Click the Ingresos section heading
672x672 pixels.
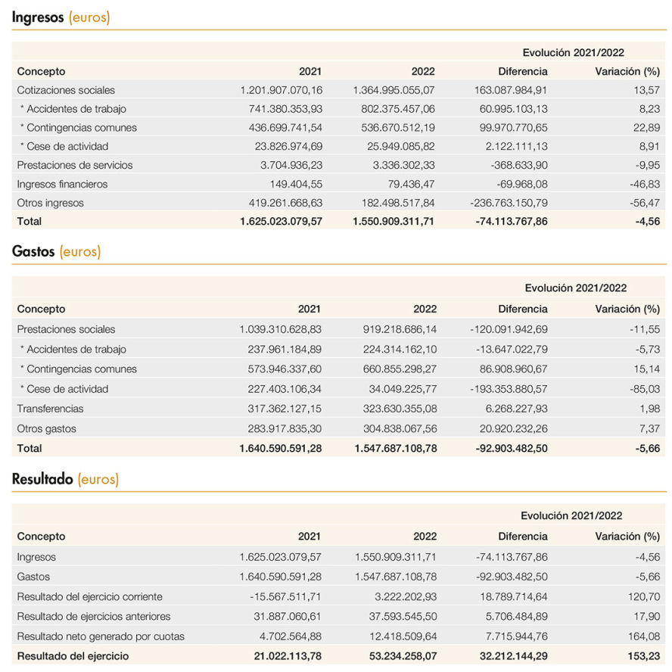click(x=61, y=17)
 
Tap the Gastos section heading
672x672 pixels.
click(x=56, y=251)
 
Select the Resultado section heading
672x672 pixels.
click(x=65, y=479)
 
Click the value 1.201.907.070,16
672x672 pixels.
click(x=282, y=90)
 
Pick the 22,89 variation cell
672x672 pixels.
click(x=646, y=128)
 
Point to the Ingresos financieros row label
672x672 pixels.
click(x=62, y=185)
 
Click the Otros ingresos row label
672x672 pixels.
click(x=50, y=203)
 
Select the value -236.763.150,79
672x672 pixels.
click(x=509, y=203)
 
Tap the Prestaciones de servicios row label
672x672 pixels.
click(x=75, y=165)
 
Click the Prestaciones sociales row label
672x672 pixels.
click(x=66, y=329)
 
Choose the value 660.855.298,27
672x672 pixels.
click(x=400, y=369)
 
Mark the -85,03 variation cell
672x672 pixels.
click(x=645, y=389)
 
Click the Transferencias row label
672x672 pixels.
click(x=50, y=409)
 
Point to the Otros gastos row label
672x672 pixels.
click(x=46, y=428)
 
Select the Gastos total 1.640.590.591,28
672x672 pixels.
click(x=280, y=448)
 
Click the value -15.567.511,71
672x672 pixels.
click(x=285, y=596)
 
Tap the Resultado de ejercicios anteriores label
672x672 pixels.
click(x=93, y=616)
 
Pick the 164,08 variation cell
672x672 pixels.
click(x=644, y=636)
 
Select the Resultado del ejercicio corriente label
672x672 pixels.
click(x=89, y=596)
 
